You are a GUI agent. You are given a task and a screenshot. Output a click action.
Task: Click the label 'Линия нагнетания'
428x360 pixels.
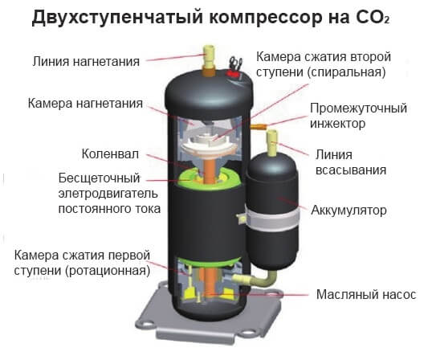point(86,61)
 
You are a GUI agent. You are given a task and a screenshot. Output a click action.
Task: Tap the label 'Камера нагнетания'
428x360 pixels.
point(85,104)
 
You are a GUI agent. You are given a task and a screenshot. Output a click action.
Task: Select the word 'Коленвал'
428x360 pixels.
point(110,154)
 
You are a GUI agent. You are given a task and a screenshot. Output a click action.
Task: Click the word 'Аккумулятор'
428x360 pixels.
point(349,211)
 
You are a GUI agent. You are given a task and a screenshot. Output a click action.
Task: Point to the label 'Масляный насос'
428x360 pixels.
point(366,295)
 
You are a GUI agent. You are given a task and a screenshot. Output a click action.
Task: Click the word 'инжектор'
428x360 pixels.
point(337,124)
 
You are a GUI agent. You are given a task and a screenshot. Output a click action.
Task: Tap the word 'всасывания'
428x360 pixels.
point(351,170)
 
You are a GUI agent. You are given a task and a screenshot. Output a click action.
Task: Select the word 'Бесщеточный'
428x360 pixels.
point(99,178)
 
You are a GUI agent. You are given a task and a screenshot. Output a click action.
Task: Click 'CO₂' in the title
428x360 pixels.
point(373,18)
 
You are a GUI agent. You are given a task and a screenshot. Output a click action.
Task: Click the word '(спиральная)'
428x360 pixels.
point(347,72)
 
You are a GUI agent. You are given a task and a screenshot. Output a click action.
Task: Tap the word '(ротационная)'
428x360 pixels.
point(108,271)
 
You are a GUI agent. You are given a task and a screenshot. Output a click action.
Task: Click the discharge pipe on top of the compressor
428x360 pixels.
point(209,60)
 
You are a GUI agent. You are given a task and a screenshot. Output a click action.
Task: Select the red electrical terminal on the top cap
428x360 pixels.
point(233,74)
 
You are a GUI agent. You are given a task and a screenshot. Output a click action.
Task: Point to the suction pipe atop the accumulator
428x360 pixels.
point(272,143)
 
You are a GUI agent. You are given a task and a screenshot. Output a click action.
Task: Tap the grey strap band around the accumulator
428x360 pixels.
point(272,219)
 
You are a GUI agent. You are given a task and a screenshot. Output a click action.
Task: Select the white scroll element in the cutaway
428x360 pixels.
point(209,146)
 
